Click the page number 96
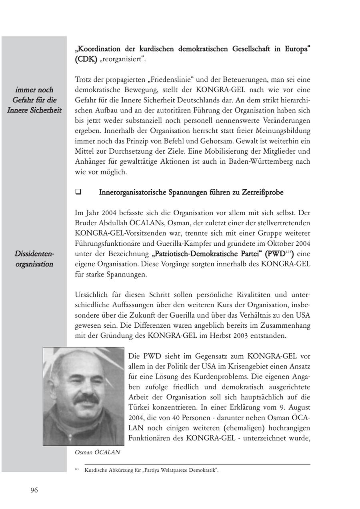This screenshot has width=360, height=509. (34, 490)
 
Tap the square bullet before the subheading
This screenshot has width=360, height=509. (78, 192)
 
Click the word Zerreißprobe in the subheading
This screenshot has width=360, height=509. (262, 192)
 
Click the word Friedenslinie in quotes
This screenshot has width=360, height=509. (171, 80)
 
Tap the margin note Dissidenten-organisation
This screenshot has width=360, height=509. (34, 259)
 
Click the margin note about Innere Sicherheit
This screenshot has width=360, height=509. (34, 100)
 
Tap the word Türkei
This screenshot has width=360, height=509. (140, 407)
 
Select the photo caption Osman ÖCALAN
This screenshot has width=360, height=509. (98, 453)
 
